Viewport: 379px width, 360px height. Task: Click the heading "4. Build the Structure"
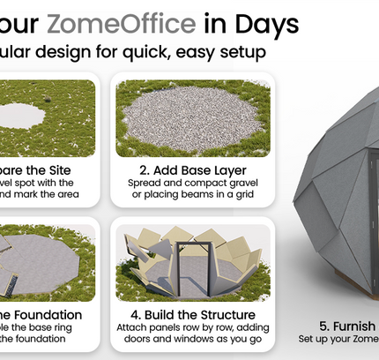196,314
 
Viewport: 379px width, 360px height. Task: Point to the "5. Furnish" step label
350,326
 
